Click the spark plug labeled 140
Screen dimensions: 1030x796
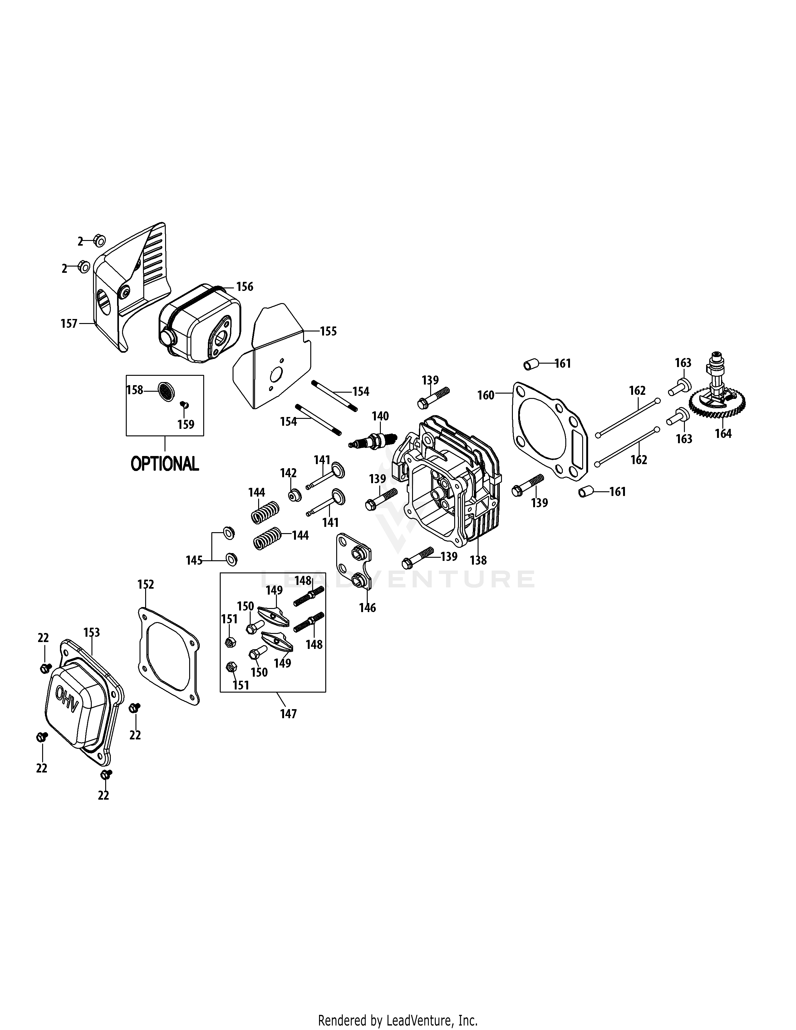[371, 441]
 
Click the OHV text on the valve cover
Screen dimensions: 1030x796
[67, 695]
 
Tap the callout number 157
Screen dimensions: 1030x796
[69, 324]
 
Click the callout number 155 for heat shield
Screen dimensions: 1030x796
[328, 331]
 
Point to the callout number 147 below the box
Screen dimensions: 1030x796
[288, 714]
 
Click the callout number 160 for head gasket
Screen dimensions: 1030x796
[486, 395]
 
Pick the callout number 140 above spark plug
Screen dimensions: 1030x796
[380, 416]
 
